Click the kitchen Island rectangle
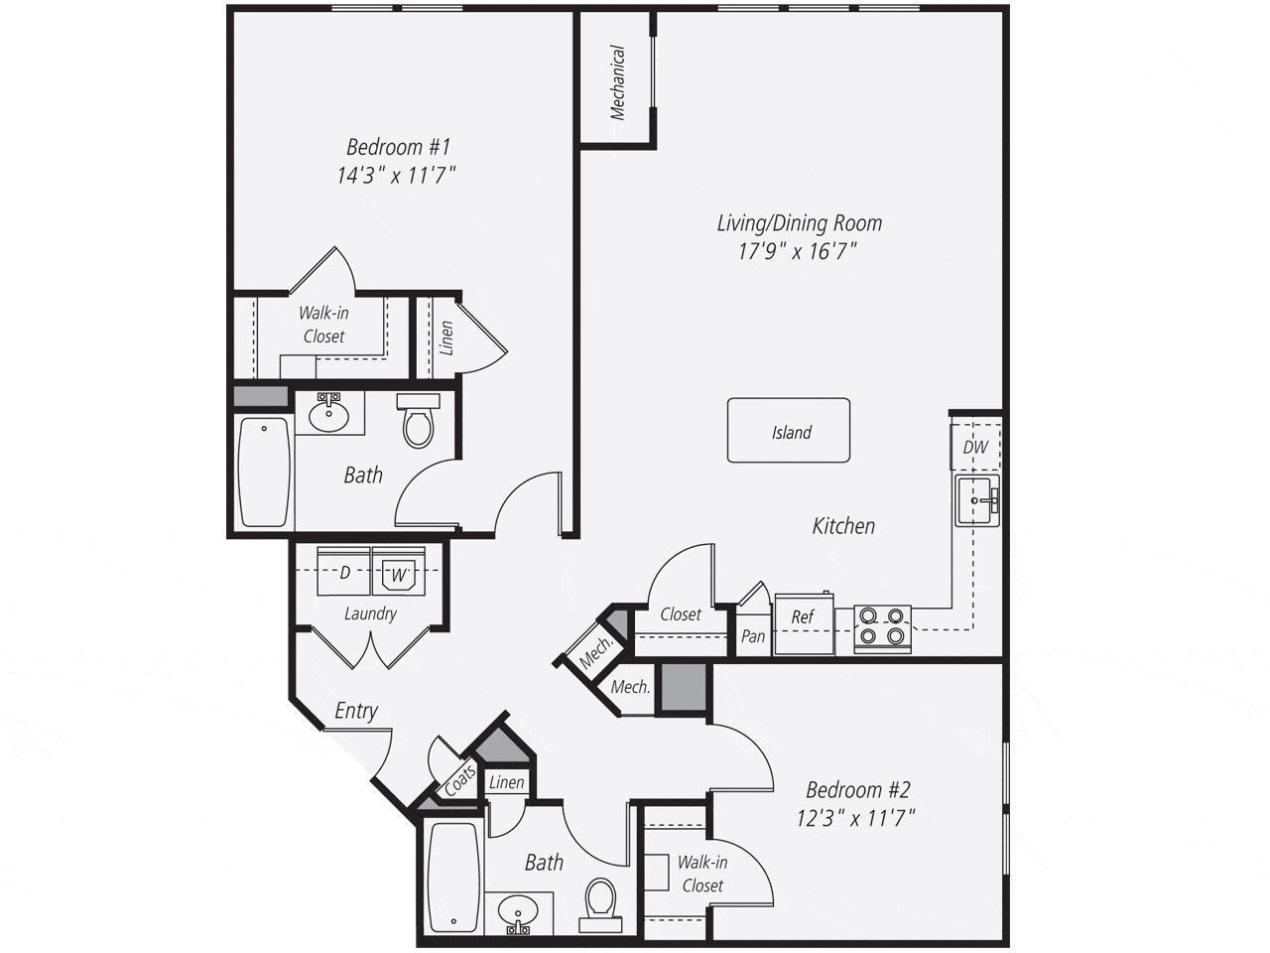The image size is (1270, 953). pyautogui.click(x=789, y=431)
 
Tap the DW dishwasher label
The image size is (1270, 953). pyautogui.click(x=975, y=447)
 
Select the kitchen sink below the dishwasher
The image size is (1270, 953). pyautogui.click(x=977, y=500)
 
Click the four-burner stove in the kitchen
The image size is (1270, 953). pyautogui.click(x=883, y=628)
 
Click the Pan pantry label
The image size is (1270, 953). pyautogui.click(x=753, y=635)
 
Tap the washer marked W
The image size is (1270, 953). pyautogui.click(x=399, y=573)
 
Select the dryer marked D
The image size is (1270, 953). pyautogui.click(x=344, y=572)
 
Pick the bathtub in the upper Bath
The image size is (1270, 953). pyautogui.click(x=264, y=472)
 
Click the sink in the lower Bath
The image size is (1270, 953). pyautogui.click(x=518, y=911)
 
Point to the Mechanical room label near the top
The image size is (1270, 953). pyautogui.click(x=618, y=82)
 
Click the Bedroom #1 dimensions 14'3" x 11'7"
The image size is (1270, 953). pyautogui.click(x=397, y=176)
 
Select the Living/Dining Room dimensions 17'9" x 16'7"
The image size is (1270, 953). pyautogui.click(x=798, y=251)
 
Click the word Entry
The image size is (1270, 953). pyautogui.click(x=355, y=711)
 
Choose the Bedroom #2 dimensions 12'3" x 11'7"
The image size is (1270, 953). pyautogui.click(x=856, y=818)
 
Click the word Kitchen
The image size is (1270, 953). pyautogui.click(x=843, y=525)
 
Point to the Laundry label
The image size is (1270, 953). pyautogui.click(x=370, y=613)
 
